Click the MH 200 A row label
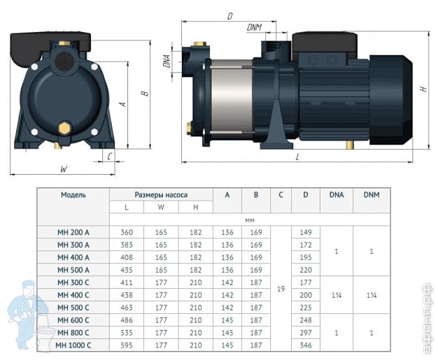73,232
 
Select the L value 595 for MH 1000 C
127,345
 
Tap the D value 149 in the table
306,232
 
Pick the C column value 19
281,289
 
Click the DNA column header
337,195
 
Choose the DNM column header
372,195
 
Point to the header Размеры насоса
161,195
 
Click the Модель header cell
73,195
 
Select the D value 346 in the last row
306,345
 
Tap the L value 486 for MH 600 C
127,320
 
